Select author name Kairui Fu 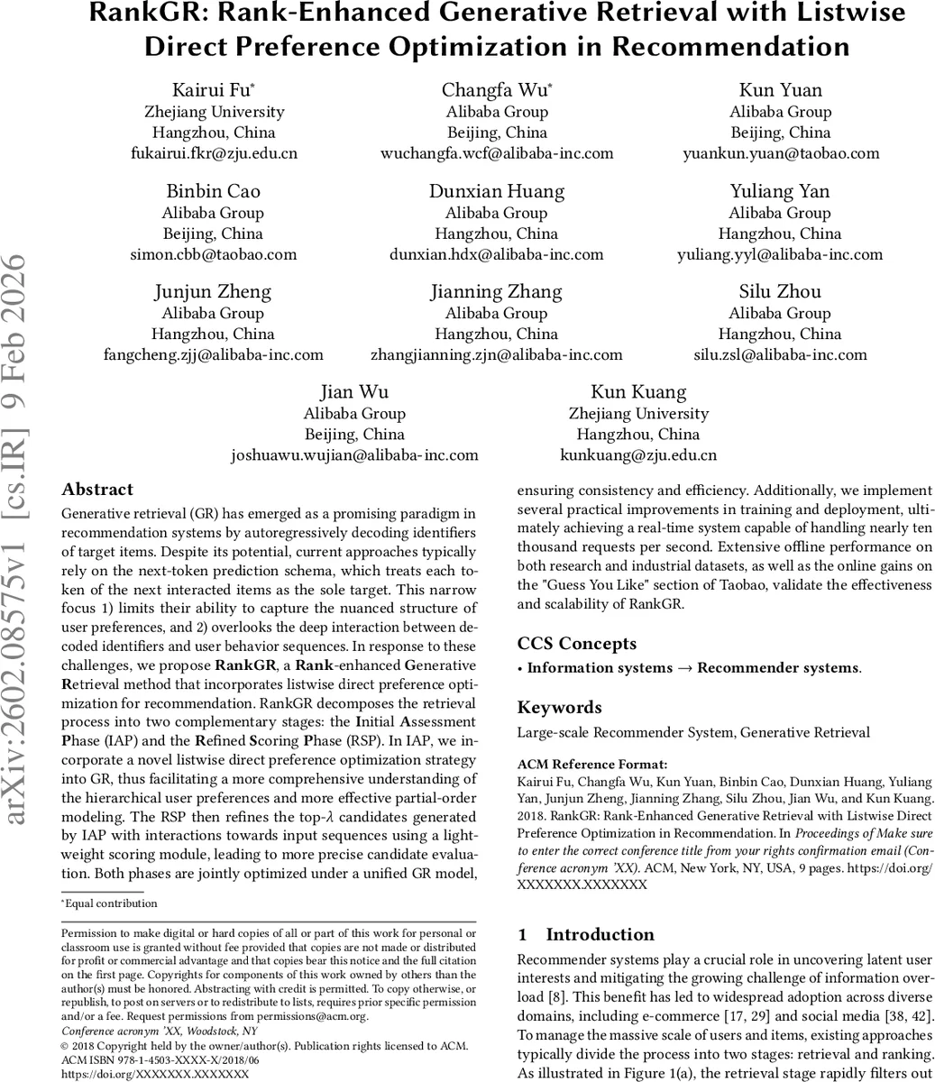click(212, 89)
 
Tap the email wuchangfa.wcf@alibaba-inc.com click(497, 153)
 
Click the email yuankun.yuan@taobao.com click(780, 153)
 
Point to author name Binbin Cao click(213, 191)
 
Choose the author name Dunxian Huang click(497, 191)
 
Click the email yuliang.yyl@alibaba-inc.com click(780, 254)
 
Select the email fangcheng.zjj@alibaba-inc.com click(213, 354)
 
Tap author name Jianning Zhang click(497, 291)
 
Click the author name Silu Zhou click(780, 291)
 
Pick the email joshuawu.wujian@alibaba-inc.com click(354, 455)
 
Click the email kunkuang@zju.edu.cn click(638, 455)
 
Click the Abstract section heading click(97, 490)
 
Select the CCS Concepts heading click(576, 644)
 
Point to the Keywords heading click(559, 708)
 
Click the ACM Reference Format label click(580, 765)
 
